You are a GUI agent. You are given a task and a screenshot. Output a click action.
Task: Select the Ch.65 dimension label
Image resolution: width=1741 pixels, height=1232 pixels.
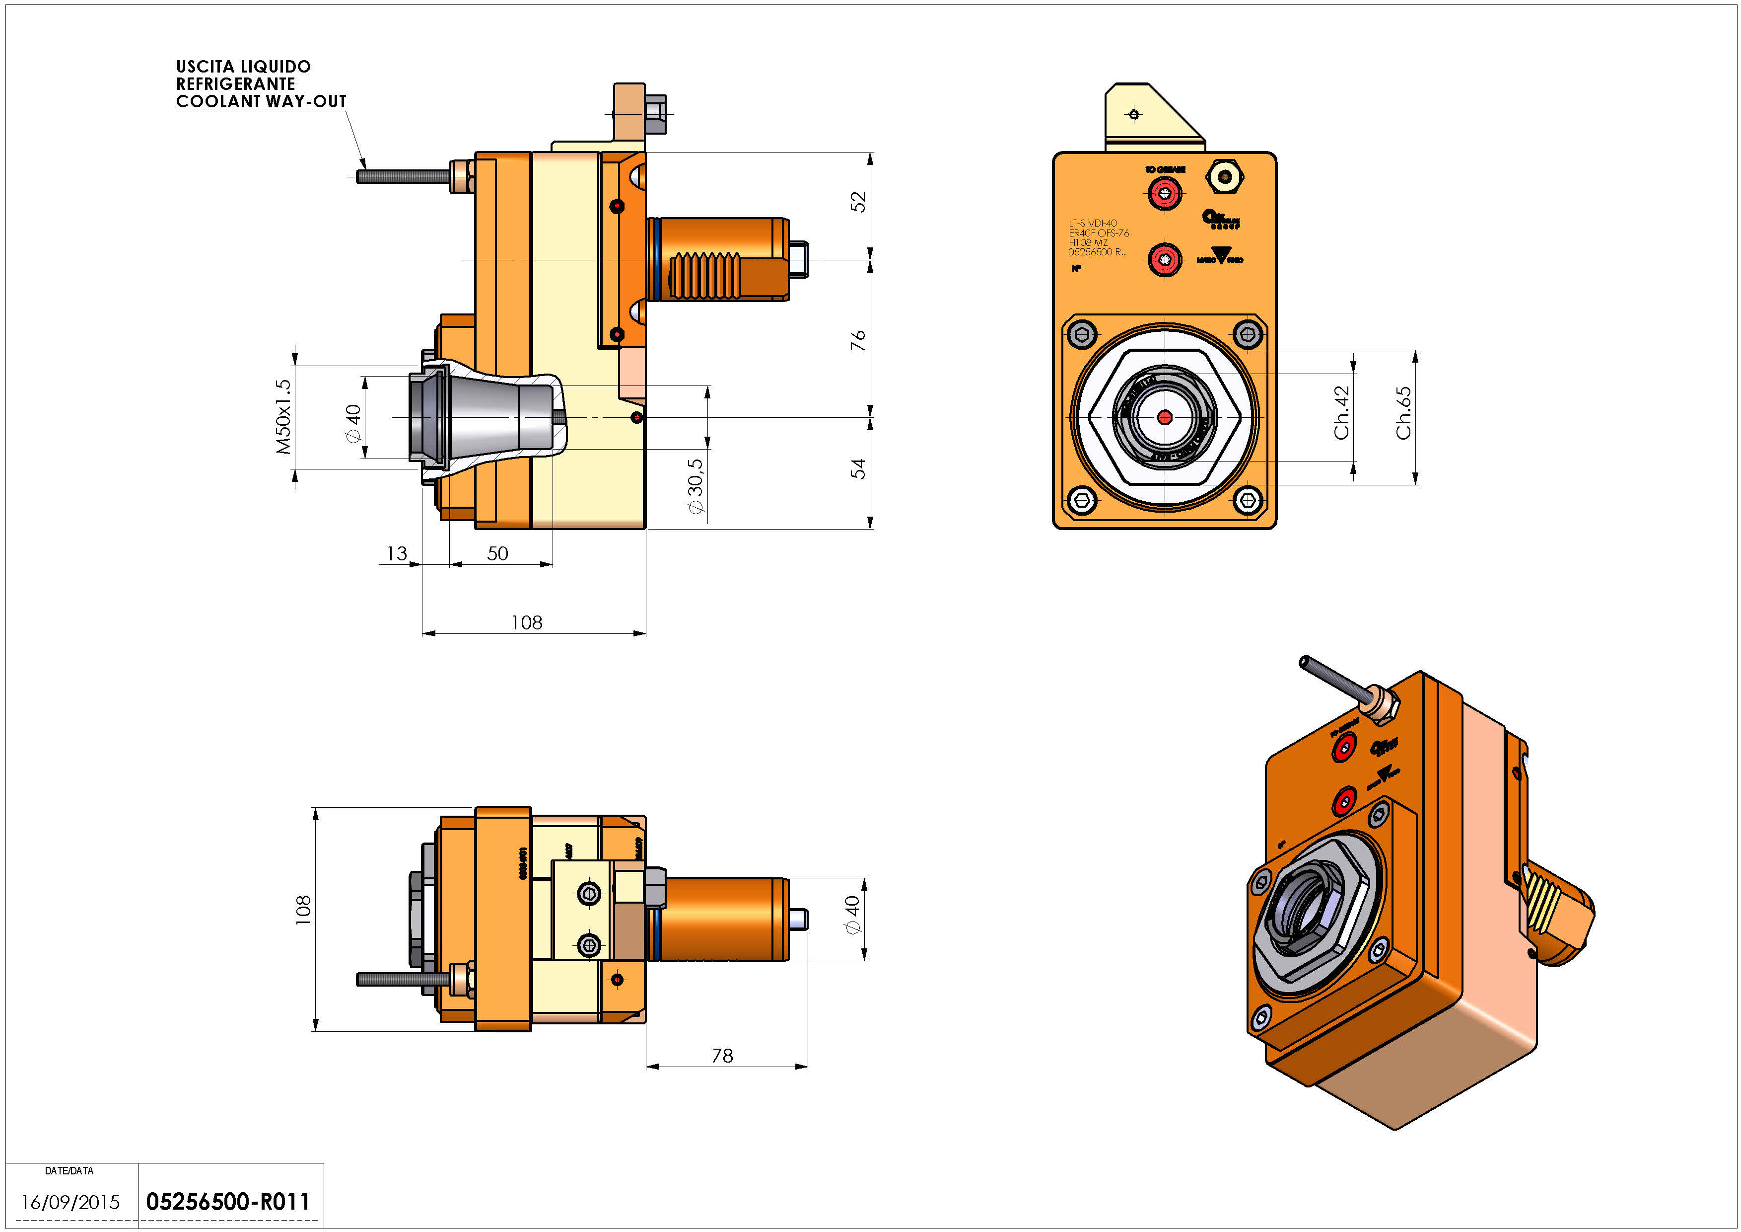pyautogui.click(x=1403, y=413)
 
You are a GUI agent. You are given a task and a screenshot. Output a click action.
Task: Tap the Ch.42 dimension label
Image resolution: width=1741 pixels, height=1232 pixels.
pyautogui.click(x=1341, y=413)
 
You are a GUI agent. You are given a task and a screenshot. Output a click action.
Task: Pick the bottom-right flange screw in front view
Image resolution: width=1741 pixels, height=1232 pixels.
pyautogui.click(x=1248, y=500)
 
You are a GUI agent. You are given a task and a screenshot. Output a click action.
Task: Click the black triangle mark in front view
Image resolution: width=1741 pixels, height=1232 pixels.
pyautogui.click(x=1220, y=255)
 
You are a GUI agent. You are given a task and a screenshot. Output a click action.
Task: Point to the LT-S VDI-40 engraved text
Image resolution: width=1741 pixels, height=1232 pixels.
pyautogui.click(x=1093, y=224)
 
